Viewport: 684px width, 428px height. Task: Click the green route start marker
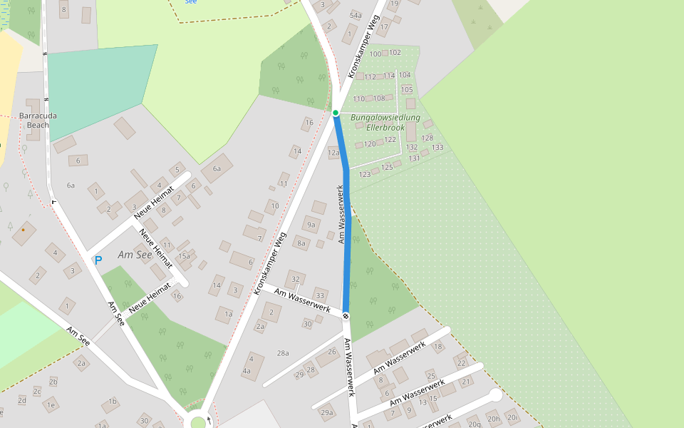point(336,112)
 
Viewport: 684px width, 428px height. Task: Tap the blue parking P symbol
point(98,260)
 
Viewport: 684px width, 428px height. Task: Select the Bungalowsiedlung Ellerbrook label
point(385,122)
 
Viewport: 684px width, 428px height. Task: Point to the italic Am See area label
point(135,255)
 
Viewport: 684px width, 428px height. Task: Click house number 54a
point(356,15)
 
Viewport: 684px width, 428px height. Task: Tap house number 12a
point(333,153)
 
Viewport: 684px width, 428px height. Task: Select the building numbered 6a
point(217,168)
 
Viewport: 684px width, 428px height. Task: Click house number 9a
point(311,225)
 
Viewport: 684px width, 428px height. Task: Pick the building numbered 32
point(296,278)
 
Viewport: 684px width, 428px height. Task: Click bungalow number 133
point(437,148)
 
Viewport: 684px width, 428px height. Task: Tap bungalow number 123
point(365,174)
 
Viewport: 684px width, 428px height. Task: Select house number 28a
point(283,353)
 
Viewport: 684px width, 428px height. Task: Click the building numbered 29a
point(327,412)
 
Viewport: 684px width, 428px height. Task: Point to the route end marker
point(346,315)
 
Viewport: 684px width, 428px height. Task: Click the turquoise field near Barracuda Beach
point(96,89)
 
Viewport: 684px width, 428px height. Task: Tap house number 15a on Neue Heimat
point(185,255)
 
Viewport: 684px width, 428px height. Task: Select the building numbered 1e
point(51,404)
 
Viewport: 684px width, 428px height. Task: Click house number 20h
point(492,418)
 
